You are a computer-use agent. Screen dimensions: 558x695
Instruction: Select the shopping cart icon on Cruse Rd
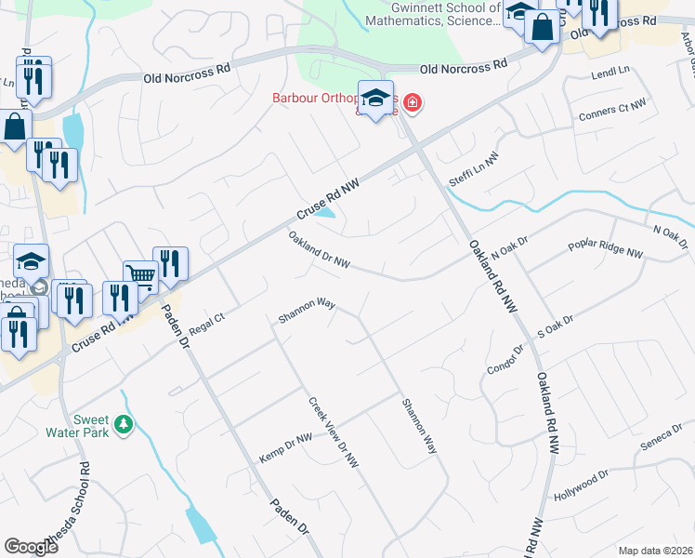pos(139,274)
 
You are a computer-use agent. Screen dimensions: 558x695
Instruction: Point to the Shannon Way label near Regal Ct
pos(306,312)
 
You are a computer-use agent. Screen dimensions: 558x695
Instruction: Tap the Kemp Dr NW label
pos(286,450)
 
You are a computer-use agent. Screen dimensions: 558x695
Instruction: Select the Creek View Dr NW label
pos(334,432)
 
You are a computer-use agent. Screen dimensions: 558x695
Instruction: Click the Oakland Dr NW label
pos(319,251)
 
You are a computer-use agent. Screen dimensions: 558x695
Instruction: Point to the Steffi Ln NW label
pos(474,169)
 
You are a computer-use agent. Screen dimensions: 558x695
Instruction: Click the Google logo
pos(31,546)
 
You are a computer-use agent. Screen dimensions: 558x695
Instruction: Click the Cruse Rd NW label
pos(328,197)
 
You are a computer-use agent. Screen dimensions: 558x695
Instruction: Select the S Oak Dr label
pos(556,325)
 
